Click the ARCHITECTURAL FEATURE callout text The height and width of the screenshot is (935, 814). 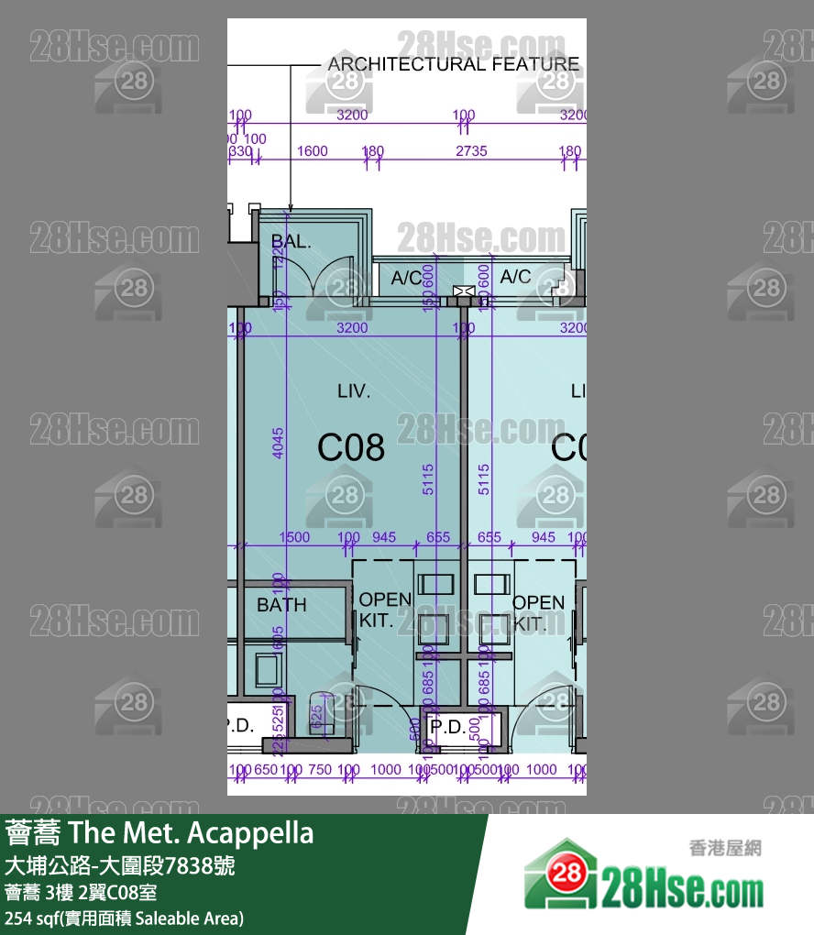coord(453,64)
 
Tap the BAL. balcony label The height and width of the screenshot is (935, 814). coord(291,243)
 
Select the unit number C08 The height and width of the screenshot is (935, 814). coord(351,448)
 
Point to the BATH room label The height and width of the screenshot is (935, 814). coord(281,605)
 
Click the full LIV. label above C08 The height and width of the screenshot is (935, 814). coord(354,391)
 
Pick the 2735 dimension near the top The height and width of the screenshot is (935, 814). coord(471,151)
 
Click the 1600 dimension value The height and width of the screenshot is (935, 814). coord(312,151)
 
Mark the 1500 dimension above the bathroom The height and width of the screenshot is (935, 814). coord(293,537)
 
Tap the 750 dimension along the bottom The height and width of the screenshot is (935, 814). coord(320,770)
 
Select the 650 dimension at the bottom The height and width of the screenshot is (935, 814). coord(265,770)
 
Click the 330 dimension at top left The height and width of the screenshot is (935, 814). coord(241,151)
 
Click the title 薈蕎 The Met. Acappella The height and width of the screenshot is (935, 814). coord(159,833)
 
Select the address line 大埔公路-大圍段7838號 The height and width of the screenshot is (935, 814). coord(120,865)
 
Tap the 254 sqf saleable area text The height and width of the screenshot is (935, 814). coord(124,918)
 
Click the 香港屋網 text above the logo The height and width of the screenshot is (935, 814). coord(724,849)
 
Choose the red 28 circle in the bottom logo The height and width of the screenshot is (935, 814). coord(568,874)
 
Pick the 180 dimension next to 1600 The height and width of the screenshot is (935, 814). coord(373,151)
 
